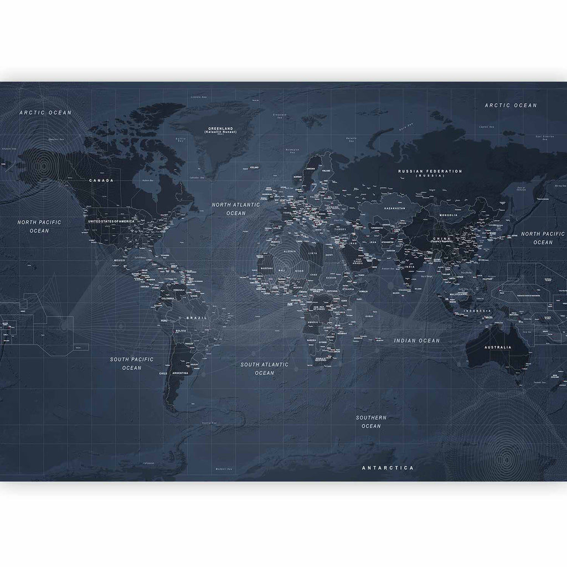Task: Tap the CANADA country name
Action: click(101, 180)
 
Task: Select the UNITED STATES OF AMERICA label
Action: click(111, 221)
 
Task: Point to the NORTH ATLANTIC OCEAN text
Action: click(235, 208)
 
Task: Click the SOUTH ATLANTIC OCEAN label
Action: click(264, 368)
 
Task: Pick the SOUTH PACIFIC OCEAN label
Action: click(132, 363)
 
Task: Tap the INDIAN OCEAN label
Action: click(416, 341)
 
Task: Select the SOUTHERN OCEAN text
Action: click(371, 421)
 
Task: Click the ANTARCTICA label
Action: click(388, 468)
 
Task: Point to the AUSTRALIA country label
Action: click(498, 347)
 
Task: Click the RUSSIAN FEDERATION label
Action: click(430, 172)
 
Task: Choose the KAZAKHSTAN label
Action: click(394, 209)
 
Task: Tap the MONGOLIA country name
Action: click(447, 215)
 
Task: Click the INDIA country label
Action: click(410, 267)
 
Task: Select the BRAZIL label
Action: click(197, 318)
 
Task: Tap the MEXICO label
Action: click(119, 260)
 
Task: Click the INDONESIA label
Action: click(477, 311)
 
